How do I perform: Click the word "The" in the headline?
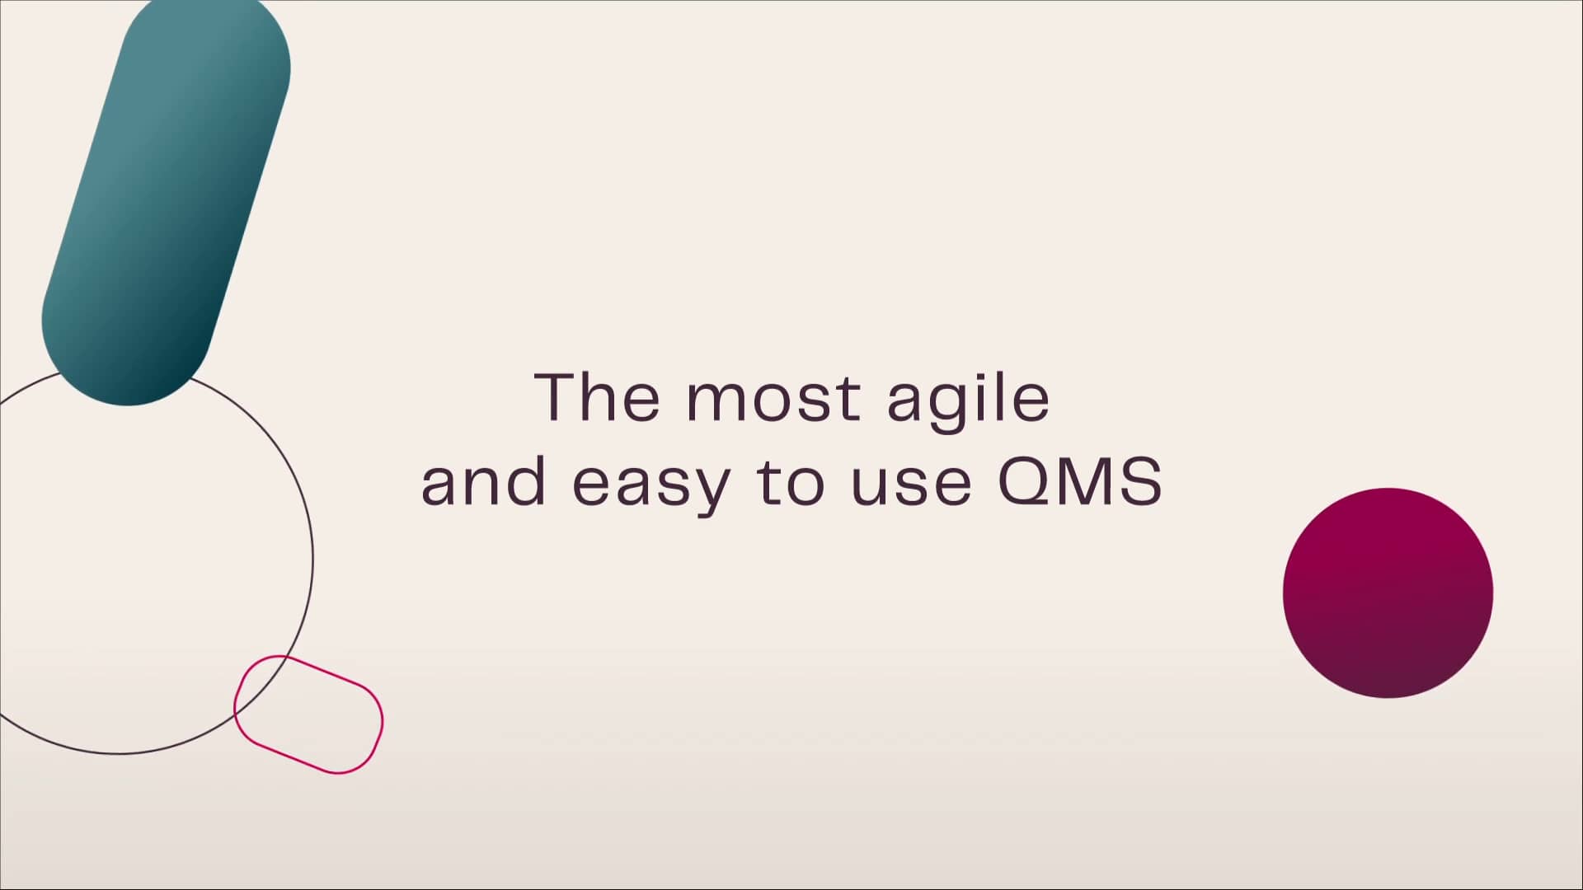[x=597, y=396]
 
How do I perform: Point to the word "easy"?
[x=651, y=489]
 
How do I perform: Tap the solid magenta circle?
[x=1388, y=593]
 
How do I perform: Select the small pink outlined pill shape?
[x=308, y=714]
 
